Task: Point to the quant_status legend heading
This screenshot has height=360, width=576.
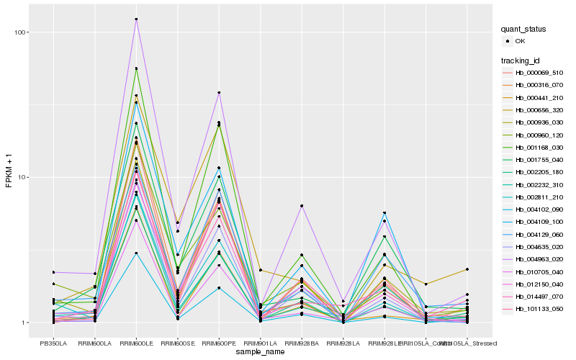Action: point(524,30)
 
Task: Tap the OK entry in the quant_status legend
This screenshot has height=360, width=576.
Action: point(520,41)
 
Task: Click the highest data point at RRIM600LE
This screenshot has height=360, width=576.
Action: point(136,19)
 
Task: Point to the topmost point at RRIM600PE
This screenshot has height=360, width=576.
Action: point(219,92)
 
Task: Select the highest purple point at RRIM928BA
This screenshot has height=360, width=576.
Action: point(302,206)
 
